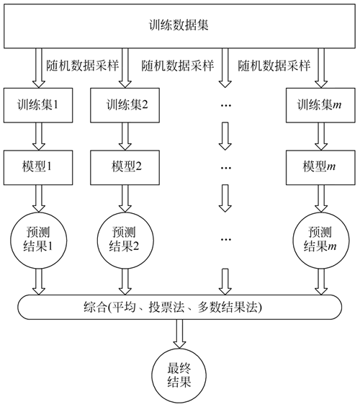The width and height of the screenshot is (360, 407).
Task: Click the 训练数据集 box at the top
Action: coord(179,26)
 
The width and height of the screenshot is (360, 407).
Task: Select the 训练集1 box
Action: coord(38,105)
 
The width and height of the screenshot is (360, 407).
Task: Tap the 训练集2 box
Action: coord(125,105)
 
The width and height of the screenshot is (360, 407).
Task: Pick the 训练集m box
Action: coord(320,105)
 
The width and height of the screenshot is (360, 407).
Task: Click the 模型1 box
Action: coord(38,167)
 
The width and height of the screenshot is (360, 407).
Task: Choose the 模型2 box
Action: coord(125,167)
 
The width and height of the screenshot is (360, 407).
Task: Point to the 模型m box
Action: coord(320,167)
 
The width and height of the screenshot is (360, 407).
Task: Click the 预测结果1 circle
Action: coord(39,240)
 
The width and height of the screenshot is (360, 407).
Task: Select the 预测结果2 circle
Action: coord(125,240)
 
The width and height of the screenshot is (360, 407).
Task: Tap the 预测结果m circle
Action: coord(321,240)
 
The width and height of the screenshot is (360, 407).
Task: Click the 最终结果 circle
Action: coord(179,376)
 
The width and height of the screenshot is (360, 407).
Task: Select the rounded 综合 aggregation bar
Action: coord(179,307)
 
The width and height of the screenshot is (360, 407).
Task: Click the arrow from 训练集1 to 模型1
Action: coord(39,137)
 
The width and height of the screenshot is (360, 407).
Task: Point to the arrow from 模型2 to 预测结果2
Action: coord(125,199)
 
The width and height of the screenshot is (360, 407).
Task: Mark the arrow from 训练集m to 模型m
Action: coord(321,137)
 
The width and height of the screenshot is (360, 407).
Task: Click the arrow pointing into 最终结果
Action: coord(179,334)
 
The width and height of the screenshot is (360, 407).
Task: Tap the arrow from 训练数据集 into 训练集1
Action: coord(39,68)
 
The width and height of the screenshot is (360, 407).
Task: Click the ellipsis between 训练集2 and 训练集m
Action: coord(225,105)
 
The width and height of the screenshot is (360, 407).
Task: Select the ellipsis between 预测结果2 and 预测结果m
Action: coord(225,239)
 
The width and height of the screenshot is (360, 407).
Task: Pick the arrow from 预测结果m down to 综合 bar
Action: coord(321,282)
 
